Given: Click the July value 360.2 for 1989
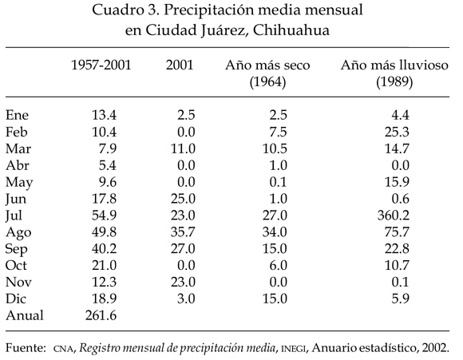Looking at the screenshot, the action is coord(394,216).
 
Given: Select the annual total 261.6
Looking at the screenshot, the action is coord(101,315).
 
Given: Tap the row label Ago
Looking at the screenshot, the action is coord(18,233).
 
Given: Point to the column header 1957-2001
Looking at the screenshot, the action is coord(101,65).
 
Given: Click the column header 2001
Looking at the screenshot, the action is coord(180,65).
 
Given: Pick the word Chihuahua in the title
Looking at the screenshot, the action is coord(291,30).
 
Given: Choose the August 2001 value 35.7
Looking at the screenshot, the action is coord(183,231).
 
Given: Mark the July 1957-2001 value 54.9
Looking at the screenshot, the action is coord(104,216).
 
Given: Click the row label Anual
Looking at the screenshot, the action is coord(25,315).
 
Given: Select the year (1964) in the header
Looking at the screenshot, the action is coord(267,81).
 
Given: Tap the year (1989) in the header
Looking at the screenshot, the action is coord(394,81).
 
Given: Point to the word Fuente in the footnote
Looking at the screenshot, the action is coord(26,347).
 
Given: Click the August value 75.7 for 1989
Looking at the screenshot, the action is coord(397,231).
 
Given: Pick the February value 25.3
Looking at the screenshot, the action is coord(397,132).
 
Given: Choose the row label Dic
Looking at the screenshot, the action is coord(16,299).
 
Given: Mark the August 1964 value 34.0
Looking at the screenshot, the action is coord(275,231).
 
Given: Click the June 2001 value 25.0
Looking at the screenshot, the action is coord(183,199).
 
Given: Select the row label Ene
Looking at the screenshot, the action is coord(17,115).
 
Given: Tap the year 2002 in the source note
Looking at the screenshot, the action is coord(435,347).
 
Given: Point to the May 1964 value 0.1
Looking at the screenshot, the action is coord(278,182).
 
